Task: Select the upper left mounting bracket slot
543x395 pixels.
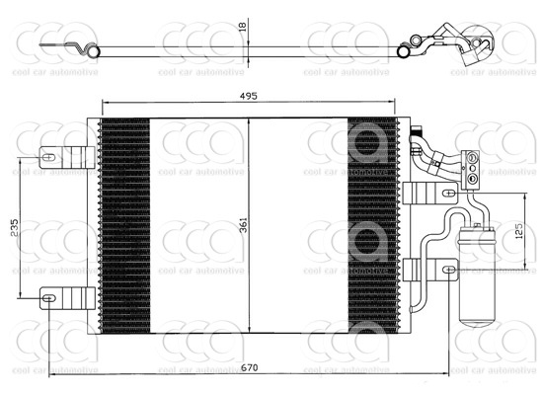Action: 49,154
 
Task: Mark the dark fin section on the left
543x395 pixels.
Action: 124,225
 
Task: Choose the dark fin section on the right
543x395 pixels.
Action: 372,225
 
